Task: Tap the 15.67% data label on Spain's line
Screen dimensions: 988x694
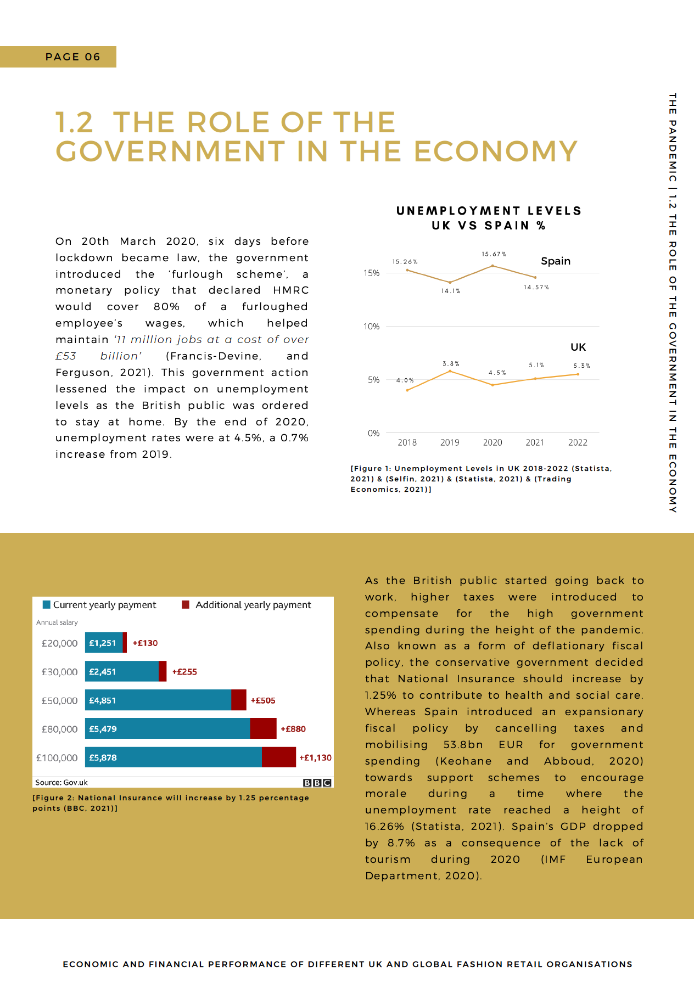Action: click(x=494, y=254)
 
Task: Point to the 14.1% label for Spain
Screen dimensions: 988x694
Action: click(x=451, y=291)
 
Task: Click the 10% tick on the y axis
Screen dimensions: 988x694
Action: click(x=371, y=327)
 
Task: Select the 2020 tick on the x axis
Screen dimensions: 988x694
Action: click(x=492, y=442)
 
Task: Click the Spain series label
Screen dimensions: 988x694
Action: click(x=556, y=261)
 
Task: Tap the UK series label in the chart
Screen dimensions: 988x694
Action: click(x=578, y=347)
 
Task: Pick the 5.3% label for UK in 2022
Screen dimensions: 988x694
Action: click(x=581, y=366)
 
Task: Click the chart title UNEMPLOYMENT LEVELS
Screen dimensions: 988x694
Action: click(x=489, y=211)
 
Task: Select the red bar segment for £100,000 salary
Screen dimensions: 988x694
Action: click(x=279, y=757)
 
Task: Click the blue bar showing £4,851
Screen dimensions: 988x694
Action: click(x=158, y=700)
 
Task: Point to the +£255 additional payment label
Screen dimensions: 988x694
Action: click(x=184, y=672)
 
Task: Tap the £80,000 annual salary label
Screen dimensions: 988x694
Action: click(x=59, y=729)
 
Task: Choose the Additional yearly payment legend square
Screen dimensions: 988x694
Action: click(x=186, y=605)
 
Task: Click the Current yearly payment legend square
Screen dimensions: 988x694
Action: click(x=47, y=605)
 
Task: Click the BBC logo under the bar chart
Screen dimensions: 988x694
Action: click(x=317, y=783)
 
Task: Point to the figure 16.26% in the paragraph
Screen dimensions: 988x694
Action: click(x=384, y=827)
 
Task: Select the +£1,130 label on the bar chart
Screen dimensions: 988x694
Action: click(x=315, y=757)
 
